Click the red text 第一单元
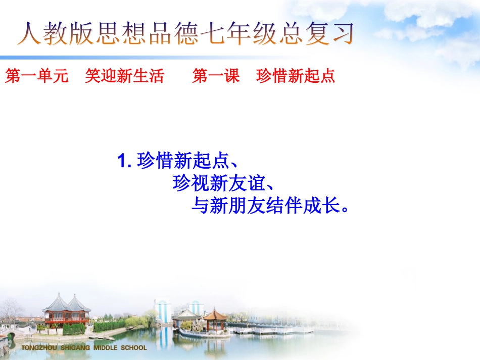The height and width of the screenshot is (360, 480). pyautogui.click(x=37, y=77)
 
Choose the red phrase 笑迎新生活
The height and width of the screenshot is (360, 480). pyautogui.click(x=125, y=77)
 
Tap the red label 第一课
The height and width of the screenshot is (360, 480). pyautogui.click(x=216, y=77)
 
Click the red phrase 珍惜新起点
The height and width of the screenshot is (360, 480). pyautogui.click(x=296, y=77)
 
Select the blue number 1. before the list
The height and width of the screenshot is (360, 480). pyautogui.click(x=124, y=162)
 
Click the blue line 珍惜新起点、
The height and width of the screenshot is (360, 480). pyautogui.click(x=186, y=162)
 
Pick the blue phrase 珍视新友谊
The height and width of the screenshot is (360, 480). pyautogui.click(x=218, y=184)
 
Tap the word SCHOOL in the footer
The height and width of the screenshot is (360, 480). pyautogui.click(x=133, y=348)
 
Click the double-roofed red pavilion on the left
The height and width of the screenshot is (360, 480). pyautogui.click(x=66, y=310)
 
